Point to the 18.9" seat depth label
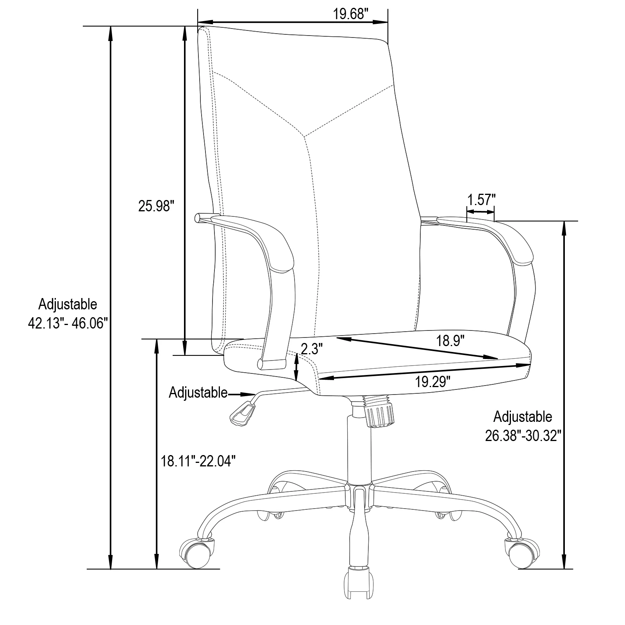(x=450, y=341)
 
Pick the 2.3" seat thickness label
(x=311, y=348)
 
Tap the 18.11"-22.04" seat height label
(x=199, y=461)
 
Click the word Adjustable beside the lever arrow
(x=198, y=393)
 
